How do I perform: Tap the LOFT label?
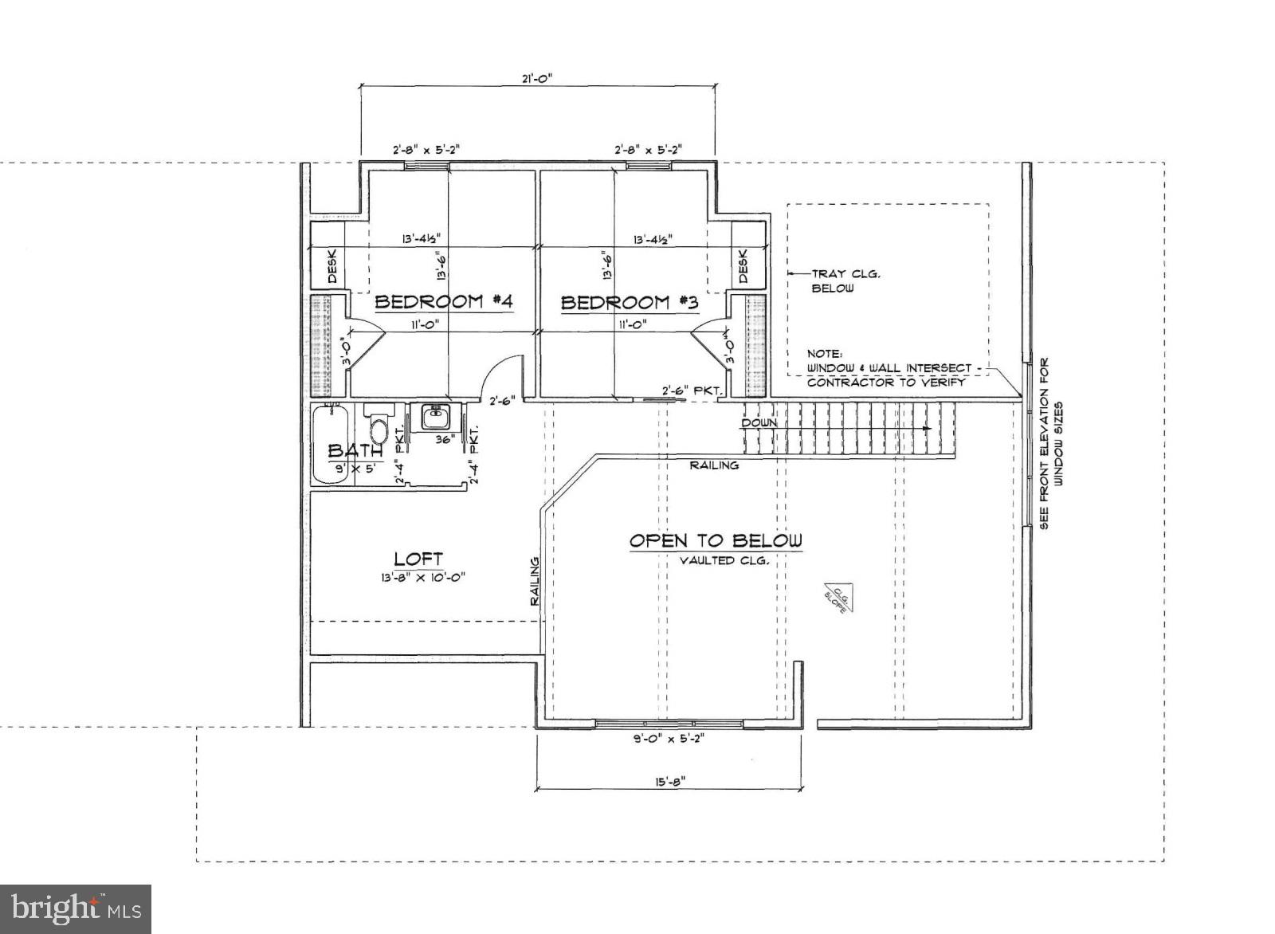click(418, 559)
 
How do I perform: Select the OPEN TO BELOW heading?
click(716, 541)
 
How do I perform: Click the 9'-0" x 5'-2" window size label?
click(669, 738)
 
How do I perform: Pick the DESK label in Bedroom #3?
click(743, 267)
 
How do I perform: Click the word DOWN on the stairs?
click(759, 423)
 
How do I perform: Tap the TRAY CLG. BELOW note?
click(834, 281)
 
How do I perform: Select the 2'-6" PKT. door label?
click(691, 391)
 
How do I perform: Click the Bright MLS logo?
click(76, 908)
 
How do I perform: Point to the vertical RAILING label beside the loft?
click(535, 580)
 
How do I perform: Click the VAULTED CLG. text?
click(724, 561)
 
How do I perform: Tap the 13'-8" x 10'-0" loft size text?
click(422, 579)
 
